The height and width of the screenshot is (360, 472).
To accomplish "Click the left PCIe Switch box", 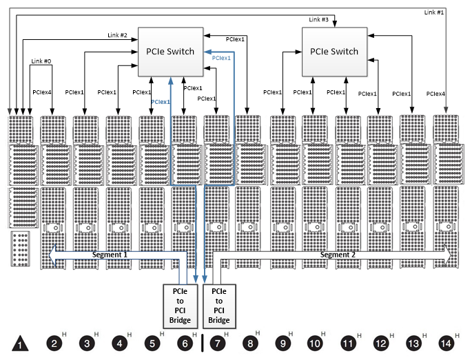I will coord(170,52).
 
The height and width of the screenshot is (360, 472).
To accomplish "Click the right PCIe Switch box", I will coord(334,52).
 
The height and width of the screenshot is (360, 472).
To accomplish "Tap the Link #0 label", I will coord(41,61).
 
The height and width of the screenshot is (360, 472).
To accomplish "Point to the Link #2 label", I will coord(118,34).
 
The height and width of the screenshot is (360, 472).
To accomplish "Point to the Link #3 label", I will coord(319,19).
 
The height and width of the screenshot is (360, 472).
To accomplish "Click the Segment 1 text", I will coord(111,255).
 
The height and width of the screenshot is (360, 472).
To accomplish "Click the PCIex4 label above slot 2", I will coord(42,92).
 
